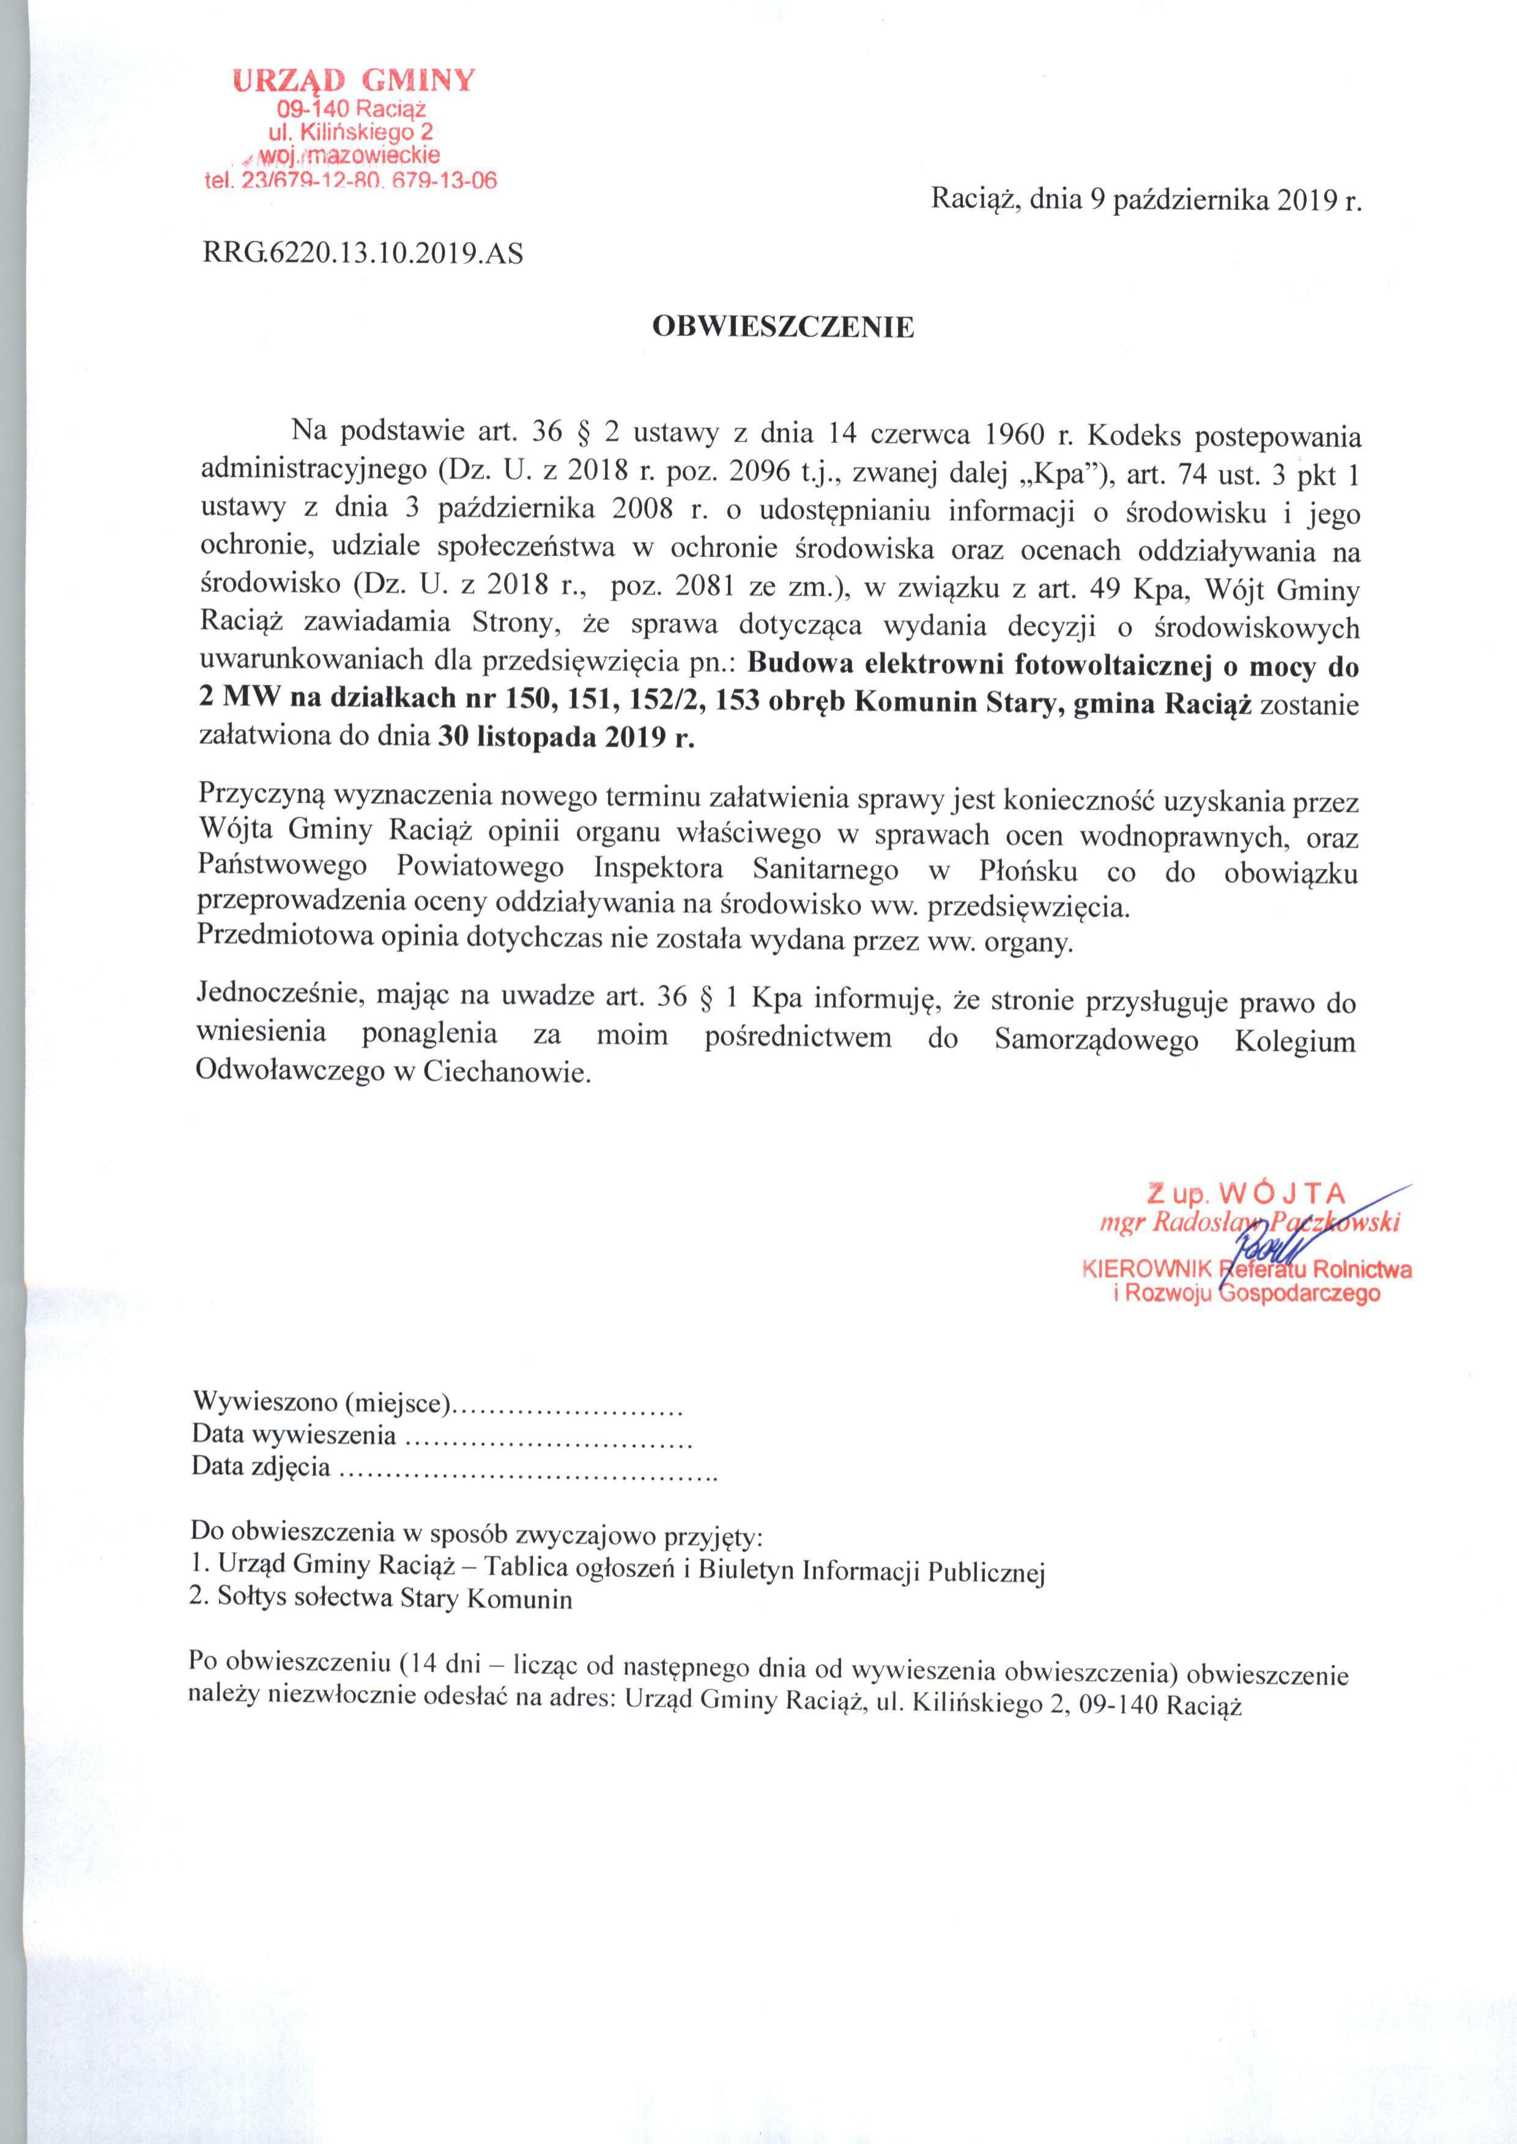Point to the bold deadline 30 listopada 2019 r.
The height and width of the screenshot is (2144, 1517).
pyautogui.click(x=566, y=737)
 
